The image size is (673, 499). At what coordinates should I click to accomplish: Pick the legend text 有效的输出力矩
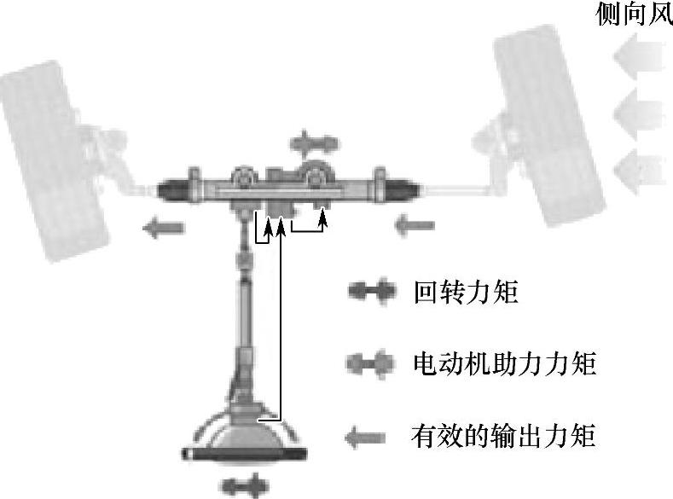click(502, 438)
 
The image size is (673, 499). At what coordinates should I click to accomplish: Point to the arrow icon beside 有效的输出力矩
click(368, 438)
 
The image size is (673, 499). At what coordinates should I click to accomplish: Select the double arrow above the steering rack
click(313, 141)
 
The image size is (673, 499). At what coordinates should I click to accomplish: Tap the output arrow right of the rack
click(415, 226)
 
